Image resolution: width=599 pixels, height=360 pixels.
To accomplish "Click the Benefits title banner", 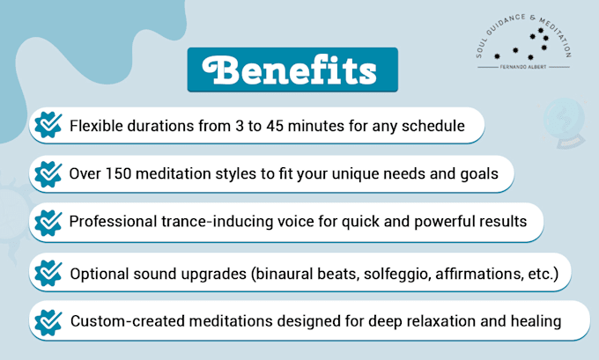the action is (292, 70).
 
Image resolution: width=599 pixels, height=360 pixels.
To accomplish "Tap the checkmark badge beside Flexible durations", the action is (48, 125).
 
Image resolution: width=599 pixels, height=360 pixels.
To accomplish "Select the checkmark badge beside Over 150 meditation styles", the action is (48, 174).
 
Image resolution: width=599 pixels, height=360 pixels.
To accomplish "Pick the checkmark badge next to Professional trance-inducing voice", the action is (48, 223).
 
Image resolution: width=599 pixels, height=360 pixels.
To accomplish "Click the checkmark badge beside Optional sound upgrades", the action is (48, 273).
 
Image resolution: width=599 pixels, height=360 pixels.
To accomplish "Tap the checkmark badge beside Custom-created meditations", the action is (48, 322).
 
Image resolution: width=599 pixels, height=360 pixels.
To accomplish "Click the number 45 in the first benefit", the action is (275, 126).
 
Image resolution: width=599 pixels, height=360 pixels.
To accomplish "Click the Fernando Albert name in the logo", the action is (523, 67).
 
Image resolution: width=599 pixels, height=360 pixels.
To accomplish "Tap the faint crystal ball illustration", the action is (565, 122).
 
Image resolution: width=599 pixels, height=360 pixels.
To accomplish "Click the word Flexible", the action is (96, 126).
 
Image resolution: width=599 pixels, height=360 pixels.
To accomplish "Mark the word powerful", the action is (444, 223).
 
